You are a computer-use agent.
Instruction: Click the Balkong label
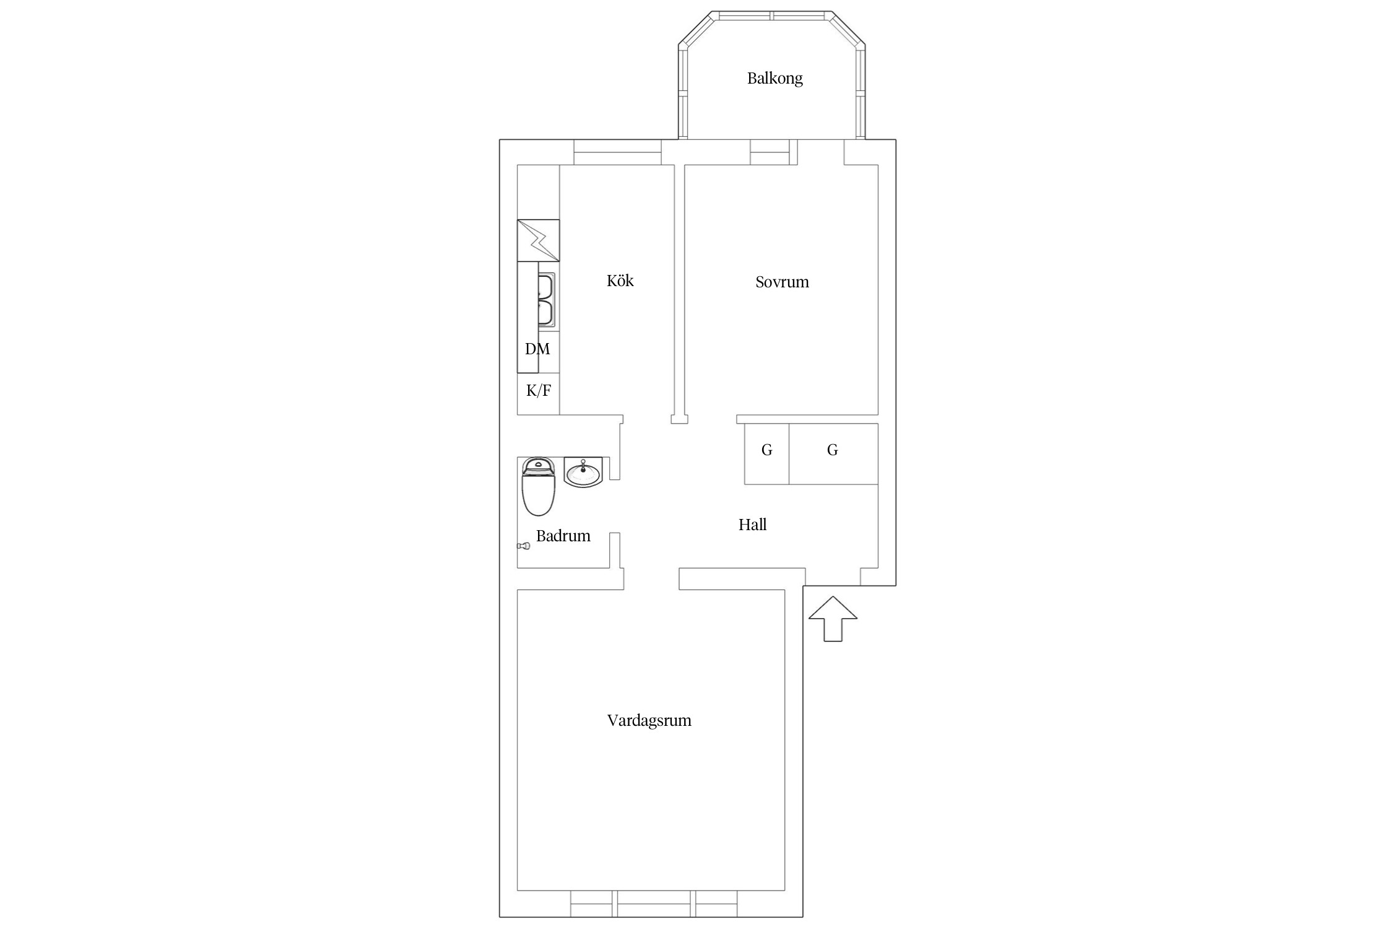[x=775, y=79]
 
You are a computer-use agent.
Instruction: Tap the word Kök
[x=620, y=281]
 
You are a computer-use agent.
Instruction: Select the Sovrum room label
[x=782, y=282]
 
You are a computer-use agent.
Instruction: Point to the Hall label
[x=752, y=525]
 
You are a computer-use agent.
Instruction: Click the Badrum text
[x=563, y=536]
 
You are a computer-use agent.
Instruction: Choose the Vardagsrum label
[x=649, y=720]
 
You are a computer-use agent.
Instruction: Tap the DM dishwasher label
[x=537, y=349]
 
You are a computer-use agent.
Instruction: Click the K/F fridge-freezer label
[x=539, y=390]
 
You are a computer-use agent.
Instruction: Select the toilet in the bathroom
[x=539, y=487]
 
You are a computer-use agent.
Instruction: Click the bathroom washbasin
[x=583, y=473]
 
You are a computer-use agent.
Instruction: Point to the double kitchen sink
[x=546, y=300]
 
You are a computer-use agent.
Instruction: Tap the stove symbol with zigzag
[x=538, y=240]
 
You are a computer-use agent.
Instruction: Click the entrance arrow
[x=833, y=619]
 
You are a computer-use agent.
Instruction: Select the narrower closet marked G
[x=766, y=454]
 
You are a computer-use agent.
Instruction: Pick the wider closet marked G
[x=833, y=454]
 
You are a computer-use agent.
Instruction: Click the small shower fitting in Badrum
[x=524, y=546]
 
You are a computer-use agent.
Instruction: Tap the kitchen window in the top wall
[x=617, y=152]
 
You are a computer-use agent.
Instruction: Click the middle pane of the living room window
[x=654, y=904]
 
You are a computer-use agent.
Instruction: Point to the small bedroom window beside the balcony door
[x=770, y=152]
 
